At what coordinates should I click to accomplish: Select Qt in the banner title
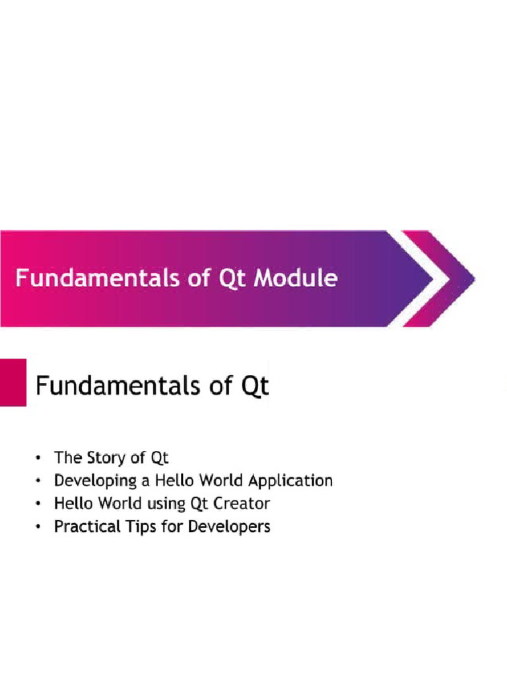coord(232,279)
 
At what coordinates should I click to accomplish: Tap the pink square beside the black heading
coord(13,383)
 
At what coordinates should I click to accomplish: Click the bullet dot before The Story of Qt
coord(41,457)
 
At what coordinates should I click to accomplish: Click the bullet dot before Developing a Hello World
coord(41,481)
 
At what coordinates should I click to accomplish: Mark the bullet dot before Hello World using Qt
coord(41,504)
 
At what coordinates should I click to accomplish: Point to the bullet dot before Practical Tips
coord(41,527)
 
